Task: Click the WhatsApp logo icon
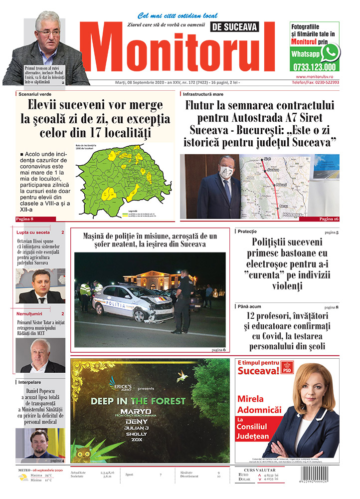pos(330,52)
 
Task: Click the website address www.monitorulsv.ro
pos(317,77)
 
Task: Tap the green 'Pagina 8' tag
pos(25,219)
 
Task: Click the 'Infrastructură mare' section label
pos(203,94)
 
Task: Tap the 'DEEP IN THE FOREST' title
pos(138,401)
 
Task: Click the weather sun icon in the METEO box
pos(23,477)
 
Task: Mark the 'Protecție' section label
pos(247,232)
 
